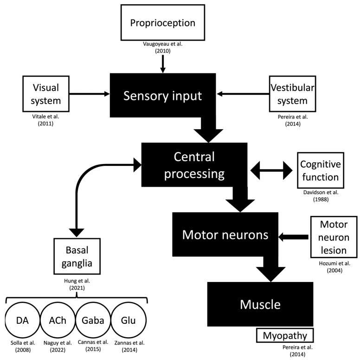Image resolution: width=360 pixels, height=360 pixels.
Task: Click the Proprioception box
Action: (x=162, y=23)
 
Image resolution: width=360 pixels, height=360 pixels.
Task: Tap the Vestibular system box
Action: (x=289, y=94)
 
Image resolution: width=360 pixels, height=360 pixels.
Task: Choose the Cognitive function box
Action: (x=320, y=171)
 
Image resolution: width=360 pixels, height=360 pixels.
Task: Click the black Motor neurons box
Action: (x=225, y=234)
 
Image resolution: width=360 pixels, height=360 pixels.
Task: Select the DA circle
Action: (x=22, y=321)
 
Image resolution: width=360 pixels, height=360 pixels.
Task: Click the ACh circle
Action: (x=58, y=321)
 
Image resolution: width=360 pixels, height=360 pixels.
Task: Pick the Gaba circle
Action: (x=94, y=321)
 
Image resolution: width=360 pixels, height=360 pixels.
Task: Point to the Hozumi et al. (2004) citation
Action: (x=330, y=267)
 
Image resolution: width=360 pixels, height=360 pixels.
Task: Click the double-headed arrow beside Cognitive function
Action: (x=270, y=171)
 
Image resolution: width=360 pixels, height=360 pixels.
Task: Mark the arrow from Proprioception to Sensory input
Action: (x=162, y=65)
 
